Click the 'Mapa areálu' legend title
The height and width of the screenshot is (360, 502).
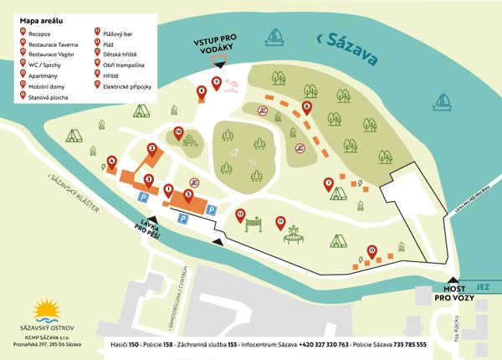pyautogui.click(x=44, y=18)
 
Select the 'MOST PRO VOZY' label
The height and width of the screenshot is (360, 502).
pyautogui.click(x=453, y=292)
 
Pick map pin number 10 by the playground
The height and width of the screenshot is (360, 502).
pyautogui.click(x=178, y=131)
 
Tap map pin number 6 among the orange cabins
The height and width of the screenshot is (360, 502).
pyautogui.click(x=307, y=107)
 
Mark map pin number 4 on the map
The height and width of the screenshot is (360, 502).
pyautogui.click(x=112, y=161)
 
